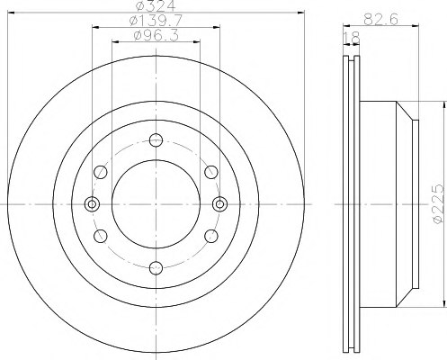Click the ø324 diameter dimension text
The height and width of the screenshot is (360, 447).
[x=156, y=5]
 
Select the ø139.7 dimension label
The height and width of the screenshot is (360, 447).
[x=156, y=21]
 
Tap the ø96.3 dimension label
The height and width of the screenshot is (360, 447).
[x=156, y=36]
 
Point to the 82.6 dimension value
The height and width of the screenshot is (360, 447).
[x=380, y=20]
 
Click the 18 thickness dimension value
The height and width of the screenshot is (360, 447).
[x=351, y=38]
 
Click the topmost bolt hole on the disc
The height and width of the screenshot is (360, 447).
[x=156, y=140]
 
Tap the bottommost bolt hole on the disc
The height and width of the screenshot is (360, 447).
[x=156, y=268]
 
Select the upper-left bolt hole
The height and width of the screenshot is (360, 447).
[x=101, y=172]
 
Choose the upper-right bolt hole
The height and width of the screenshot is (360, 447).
[x=211, y=172]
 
